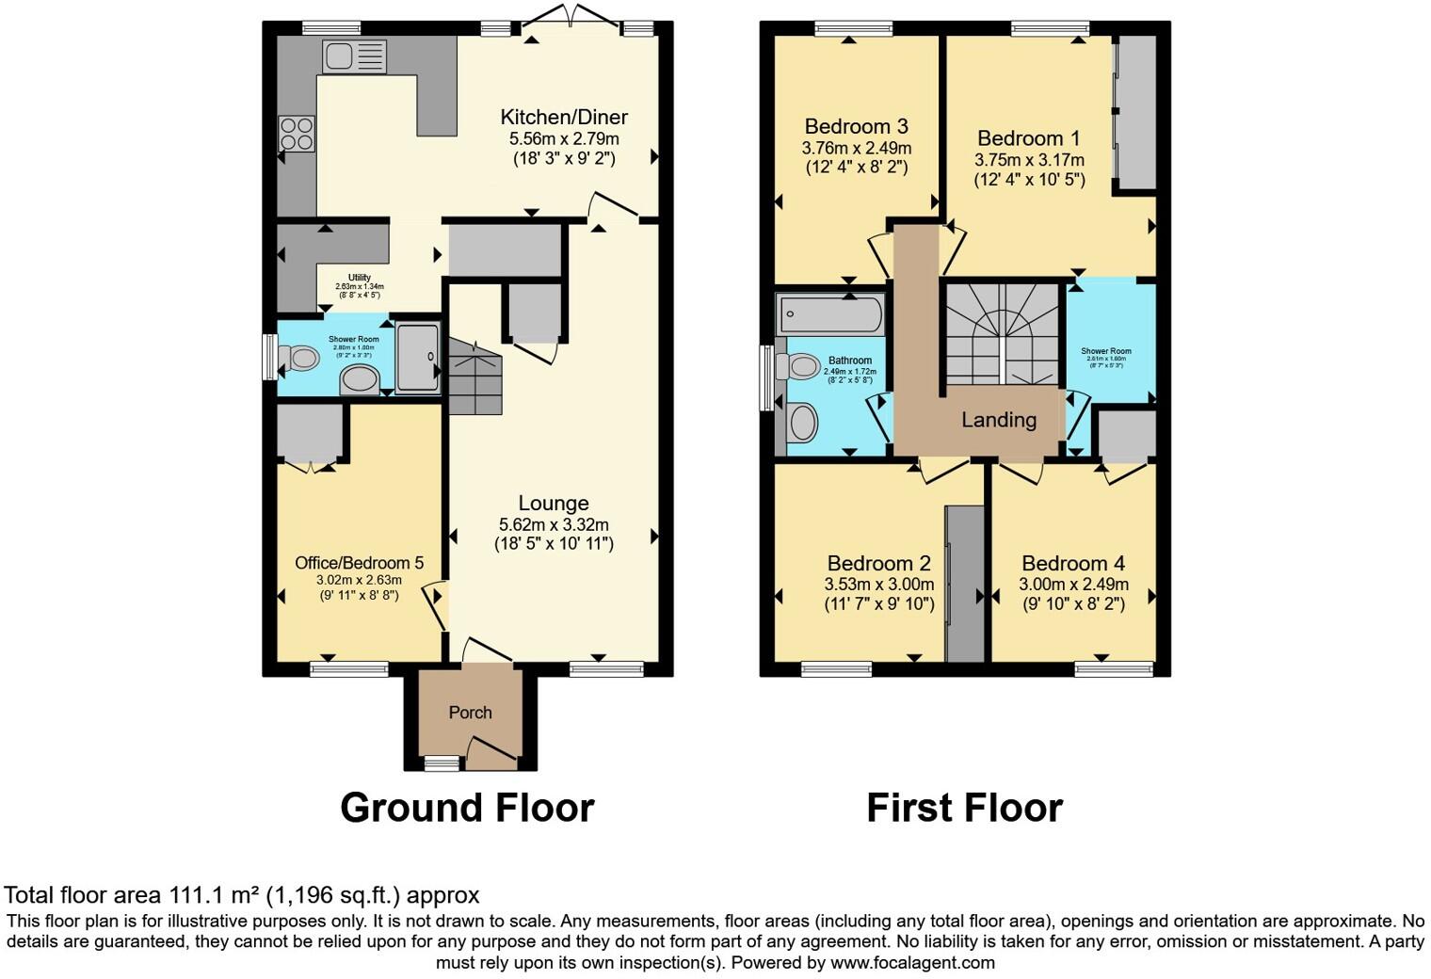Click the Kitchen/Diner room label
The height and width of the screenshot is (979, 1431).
pyautogui.click(x=563, y=118)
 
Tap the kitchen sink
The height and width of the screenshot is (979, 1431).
pyautogui.click(x=353, y=56)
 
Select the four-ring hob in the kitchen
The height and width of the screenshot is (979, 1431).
pyautogui.click(x=297, y=133)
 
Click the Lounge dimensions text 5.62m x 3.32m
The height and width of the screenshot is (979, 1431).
pyautogui.click(x=554, y=524)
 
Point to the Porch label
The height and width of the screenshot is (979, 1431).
pyautogui.click(x=470, y=713)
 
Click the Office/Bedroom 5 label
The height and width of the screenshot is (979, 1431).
pyautogui.click(x=359, y=563)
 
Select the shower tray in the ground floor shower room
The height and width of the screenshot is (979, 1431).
pyautogui.click(x=417, y=357)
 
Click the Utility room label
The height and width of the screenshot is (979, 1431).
pyautogui.click(x=360, y=278)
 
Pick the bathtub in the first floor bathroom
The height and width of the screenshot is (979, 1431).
pyautogui.click(x=829, y=314)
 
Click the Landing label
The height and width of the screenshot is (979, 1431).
pyautogui.click(x=998, y=420)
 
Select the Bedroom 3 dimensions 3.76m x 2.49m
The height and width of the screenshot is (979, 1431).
pyautogui.click(x=856, y=148)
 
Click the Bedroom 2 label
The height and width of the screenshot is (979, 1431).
pyautogui.click(x=878, y=563)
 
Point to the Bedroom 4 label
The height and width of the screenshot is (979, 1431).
pyautogui.click(x=1073, y=563)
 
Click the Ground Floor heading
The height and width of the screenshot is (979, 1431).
pyautogui.click(x=467, y=808)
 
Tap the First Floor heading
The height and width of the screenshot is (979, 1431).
pyautogui.click(x=964, y=808)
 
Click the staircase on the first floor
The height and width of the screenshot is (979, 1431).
pyautogui.click(x=1004, y=333)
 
